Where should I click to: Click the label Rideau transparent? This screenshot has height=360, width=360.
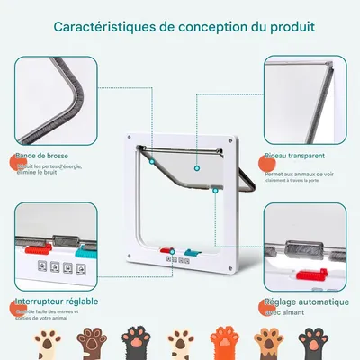pos(298,157)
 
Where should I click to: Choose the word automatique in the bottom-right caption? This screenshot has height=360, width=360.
pos(314,302)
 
